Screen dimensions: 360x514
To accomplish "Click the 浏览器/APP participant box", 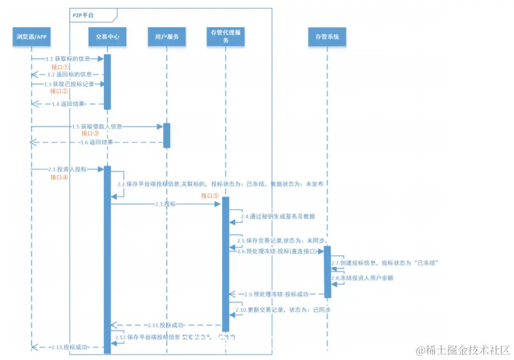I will click(x=31, y=37).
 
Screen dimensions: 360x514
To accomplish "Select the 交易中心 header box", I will click(x=108, y=37).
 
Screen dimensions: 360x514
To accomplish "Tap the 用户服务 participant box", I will click(x=167, y=37).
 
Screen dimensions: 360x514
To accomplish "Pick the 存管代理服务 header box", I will click(x=226, y=37).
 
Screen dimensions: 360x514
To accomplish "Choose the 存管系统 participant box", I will click(x=327, y=37).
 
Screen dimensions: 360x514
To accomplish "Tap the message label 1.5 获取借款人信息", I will click(x=97, y=127).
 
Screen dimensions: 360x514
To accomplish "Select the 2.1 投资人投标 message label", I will click(x=67, y=170).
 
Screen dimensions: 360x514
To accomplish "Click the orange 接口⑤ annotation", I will click(x=210, y=196).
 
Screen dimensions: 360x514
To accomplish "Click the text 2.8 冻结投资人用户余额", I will click(x=362, y=277).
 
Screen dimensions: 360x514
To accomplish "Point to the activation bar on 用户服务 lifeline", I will click(x=167, y=135).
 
